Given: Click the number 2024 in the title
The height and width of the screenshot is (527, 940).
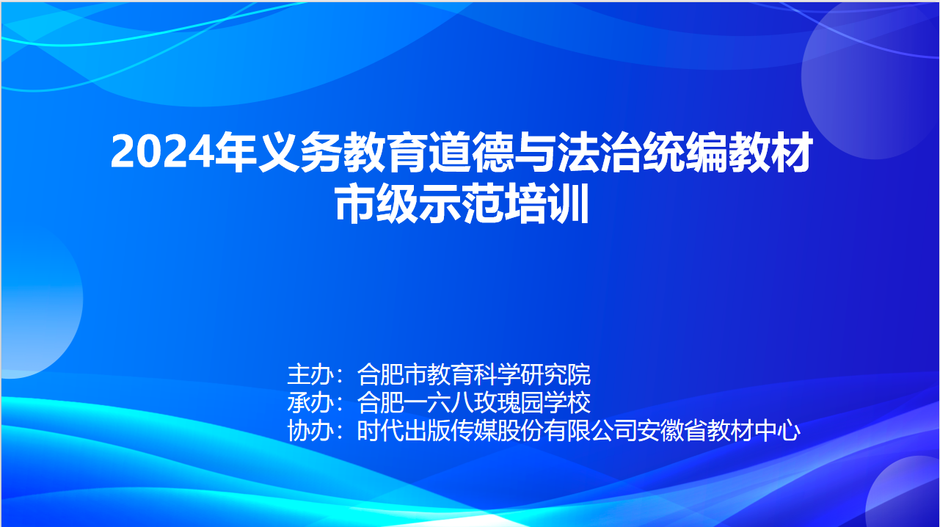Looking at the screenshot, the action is (x=162, y=152).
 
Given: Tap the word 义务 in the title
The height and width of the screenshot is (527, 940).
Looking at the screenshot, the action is (x=299, y=152).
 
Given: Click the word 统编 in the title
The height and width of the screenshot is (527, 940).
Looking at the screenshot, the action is (x=685, y=152).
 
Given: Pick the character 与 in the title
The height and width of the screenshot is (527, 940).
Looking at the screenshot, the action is (x=535, y=152).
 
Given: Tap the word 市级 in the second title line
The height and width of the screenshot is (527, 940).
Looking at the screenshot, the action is (x=377, y=203).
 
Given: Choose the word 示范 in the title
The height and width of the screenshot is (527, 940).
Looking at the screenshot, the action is (x=462, y=203).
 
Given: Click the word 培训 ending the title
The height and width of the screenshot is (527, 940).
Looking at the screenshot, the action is (x=547, y=203).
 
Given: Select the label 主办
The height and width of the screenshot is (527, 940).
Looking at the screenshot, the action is (x=310, y=374).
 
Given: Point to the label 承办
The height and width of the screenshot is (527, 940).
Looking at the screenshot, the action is (x=310, y=403).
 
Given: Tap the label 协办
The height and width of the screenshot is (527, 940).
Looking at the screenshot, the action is (x=310, y=431).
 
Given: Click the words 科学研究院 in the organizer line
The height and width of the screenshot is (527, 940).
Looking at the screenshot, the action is (x=532, y=374).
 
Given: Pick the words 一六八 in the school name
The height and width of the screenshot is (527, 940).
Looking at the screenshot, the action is (x=438, y=403).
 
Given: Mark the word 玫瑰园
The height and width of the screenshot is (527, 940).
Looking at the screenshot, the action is (x=509, y=403).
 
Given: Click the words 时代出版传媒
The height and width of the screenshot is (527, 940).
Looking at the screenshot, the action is (x=427, y=431).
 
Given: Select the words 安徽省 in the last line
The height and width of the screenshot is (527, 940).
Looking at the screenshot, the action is (x=672, y=431).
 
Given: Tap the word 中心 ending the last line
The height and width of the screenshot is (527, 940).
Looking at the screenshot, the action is (x=777, y=431).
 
